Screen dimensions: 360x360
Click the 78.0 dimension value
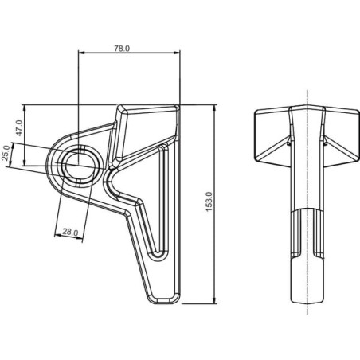[122, 49]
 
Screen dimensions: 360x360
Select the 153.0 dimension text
[209, 202]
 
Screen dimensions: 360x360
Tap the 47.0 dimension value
[19, 127]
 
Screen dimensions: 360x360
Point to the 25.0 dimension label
[6, 153]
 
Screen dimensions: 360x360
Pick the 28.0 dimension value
[70, 232]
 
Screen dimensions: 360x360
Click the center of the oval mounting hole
[78, 165]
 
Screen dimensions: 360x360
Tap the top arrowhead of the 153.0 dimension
[214, 108]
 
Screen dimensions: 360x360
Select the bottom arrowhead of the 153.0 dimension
[214, 300]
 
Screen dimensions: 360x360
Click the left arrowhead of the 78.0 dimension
[81, 53]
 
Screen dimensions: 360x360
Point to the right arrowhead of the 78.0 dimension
[177, 53]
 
